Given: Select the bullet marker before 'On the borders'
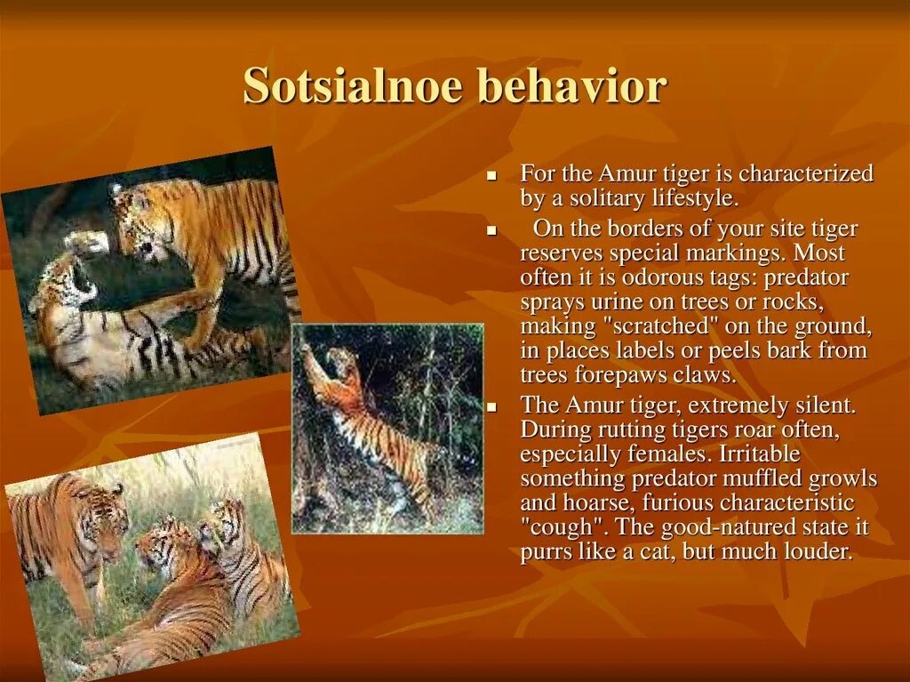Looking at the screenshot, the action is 492,230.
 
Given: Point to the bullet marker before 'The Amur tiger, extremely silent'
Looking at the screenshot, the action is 492,407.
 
